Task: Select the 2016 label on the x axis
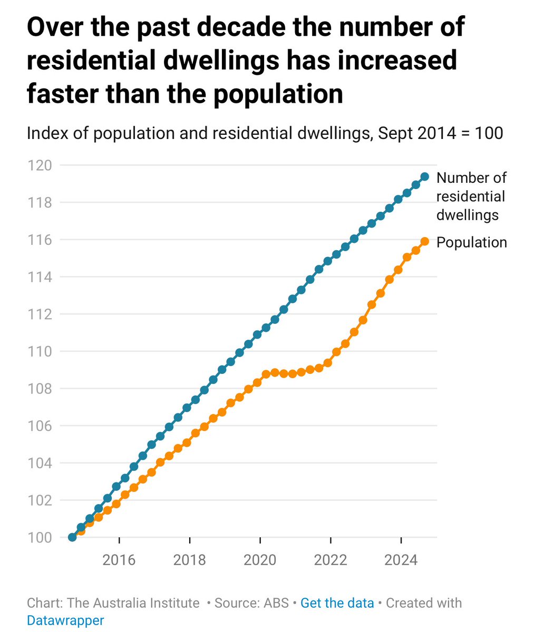coord(119,560)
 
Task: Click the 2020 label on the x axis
coord(260,560)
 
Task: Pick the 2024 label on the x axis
coord(401,560)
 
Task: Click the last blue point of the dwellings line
coord(424,176)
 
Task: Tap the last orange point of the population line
coord(424,241)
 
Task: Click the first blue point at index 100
coord(72,537)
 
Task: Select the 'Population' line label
coord(472,242)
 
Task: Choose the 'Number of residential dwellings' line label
coord(471,196)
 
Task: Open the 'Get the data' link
coord(337,603)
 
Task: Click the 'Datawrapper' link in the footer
coord(65,620)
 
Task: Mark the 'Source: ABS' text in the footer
coord(251,603)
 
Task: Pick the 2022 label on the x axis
coord(331,560)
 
